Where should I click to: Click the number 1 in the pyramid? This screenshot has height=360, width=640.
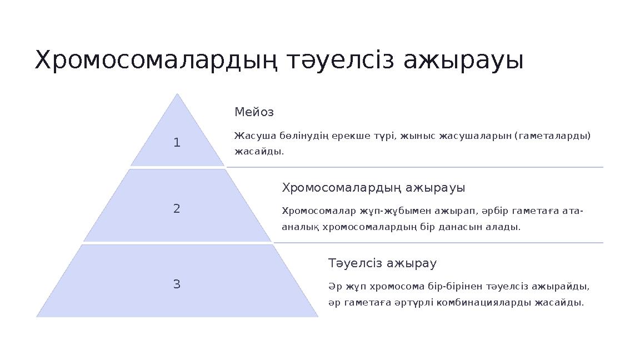pyautogui.click(x=177, y=143)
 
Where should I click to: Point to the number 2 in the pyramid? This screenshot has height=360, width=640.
pyautogui.click(x=177, y=209)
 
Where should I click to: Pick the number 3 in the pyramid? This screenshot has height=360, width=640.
pyautogui.click(x=177, y=284)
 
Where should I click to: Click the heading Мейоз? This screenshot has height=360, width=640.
pyautogui.click(x=254, y=112)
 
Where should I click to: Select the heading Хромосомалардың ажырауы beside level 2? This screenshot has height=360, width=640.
pyautogui.click(x=373, y=188)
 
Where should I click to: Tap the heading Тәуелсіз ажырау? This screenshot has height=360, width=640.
pyautogui.click(x=382, y=263)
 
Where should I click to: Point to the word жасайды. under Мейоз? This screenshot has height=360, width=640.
pyautogui.click(x=259, y=151)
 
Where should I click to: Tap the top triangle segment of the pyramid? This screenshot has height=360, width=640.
pyautogui.click(x=177, y=139)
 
